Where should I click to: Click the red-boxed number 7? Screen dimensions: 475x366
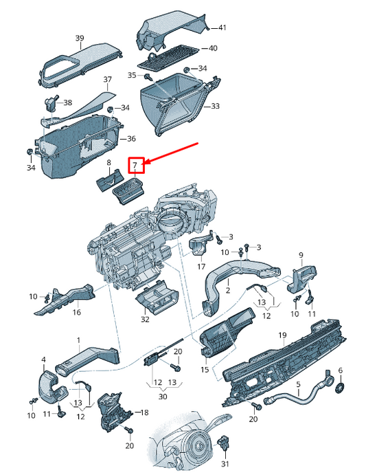136,165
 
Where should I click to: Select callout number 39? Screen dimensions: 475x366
80,38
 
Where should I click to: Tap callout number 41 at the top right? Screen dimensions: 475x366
222,27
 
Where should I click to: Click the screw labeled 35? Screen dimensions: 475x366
147,76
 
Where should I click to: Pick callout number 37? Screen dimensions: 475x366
107,80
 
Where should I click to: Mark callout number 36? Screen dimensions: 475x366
132,139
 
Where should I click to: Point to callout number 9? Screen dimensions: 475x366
300,256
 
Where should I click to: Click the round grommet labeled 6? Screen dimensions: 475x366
338,390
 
